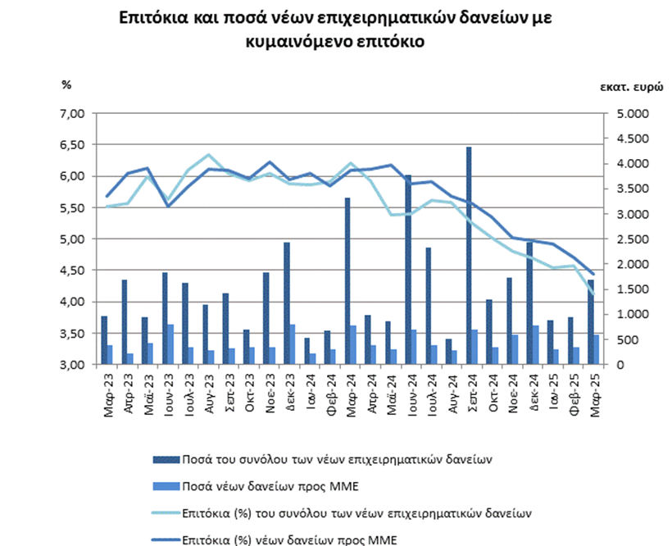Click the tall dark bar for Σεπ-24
coord(469,256)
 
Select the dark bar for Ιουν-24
coord(408,270)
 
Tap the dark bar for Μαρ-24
coord(347,281)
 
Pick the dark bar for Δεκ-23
coord(287,303)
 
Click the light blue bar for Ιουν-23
coord(170,344)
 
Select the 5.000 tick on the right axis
coord(632,114)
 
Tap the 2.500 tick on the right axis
coord(632,239)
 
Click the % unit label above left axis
coord(66,85)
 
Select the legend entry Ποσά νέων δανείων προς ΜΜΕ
coord(256,486)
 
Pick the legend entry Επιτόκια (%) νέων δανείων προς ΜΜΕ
coord(275,540)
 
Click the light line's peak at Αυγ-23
coord(208,155)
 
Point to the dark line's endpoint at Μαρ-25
coord(593,274)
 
